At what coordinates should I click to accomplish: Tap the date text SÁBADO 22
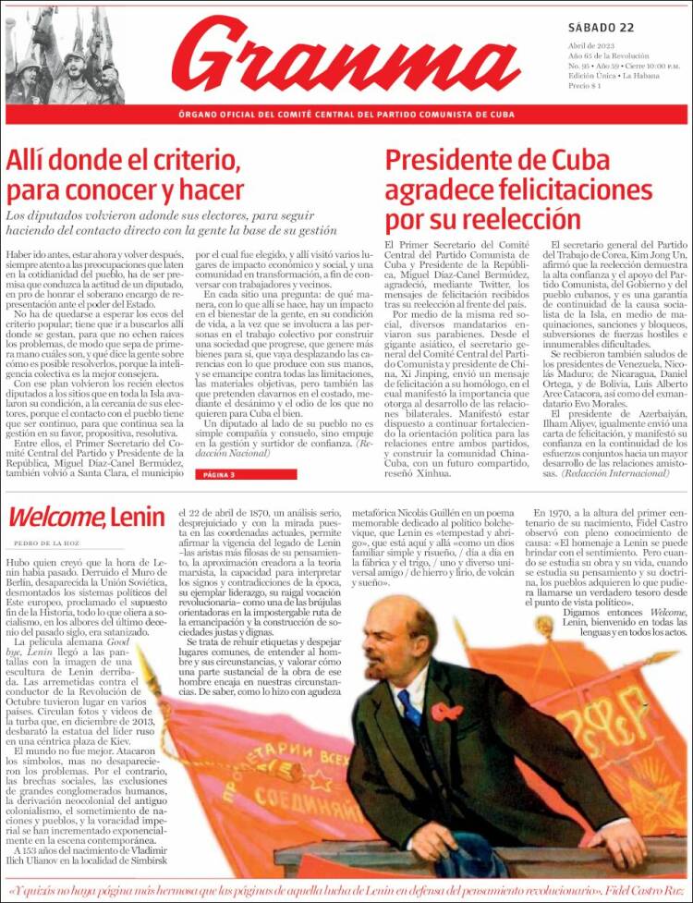[x=603, y=27]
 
